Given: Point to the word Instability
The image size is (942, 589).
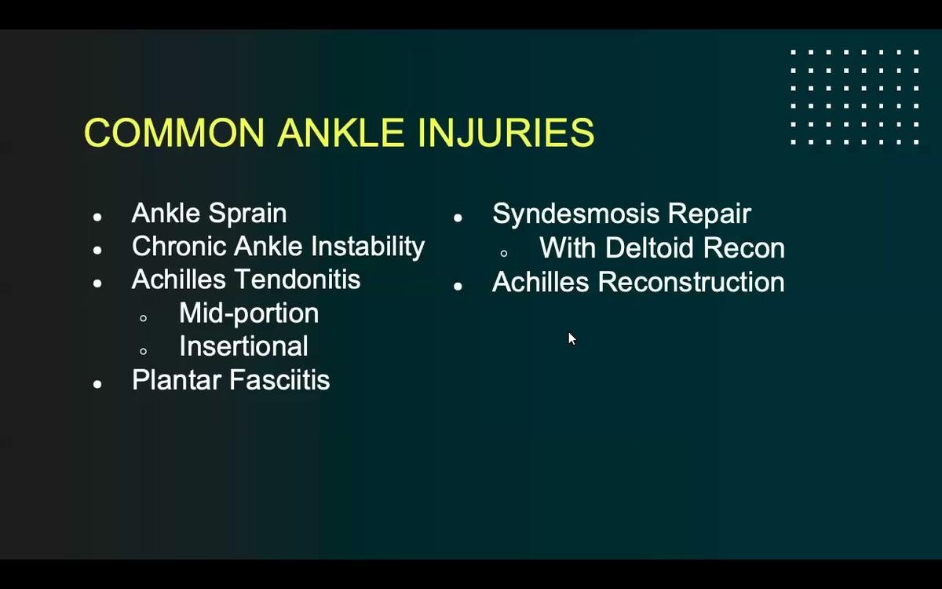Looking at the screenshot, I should tap(367, 247).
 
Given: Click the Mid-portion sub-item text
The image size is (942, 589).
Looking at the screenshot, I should tap(249, 313).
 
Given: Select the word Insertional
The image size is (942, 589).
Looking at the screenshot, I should tap(243, 346).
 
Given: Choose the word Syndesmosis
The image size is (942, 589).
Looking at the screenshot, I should tap(572, 214).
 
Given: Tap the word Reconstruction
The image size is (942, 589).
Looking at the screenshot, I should tap(691, 282).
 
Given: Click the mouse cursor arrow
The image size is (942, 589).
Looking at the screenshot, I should tap(571, 338).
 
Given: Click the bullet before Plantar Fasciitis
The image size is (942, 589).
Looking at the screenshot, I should tap(97, 384).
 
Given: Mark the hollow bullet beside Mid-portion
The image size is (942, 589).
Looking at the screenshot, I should tap(143, 318).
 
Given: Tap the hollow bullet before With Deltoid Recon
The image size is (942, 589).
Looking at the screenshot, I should tap(504, 253).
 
